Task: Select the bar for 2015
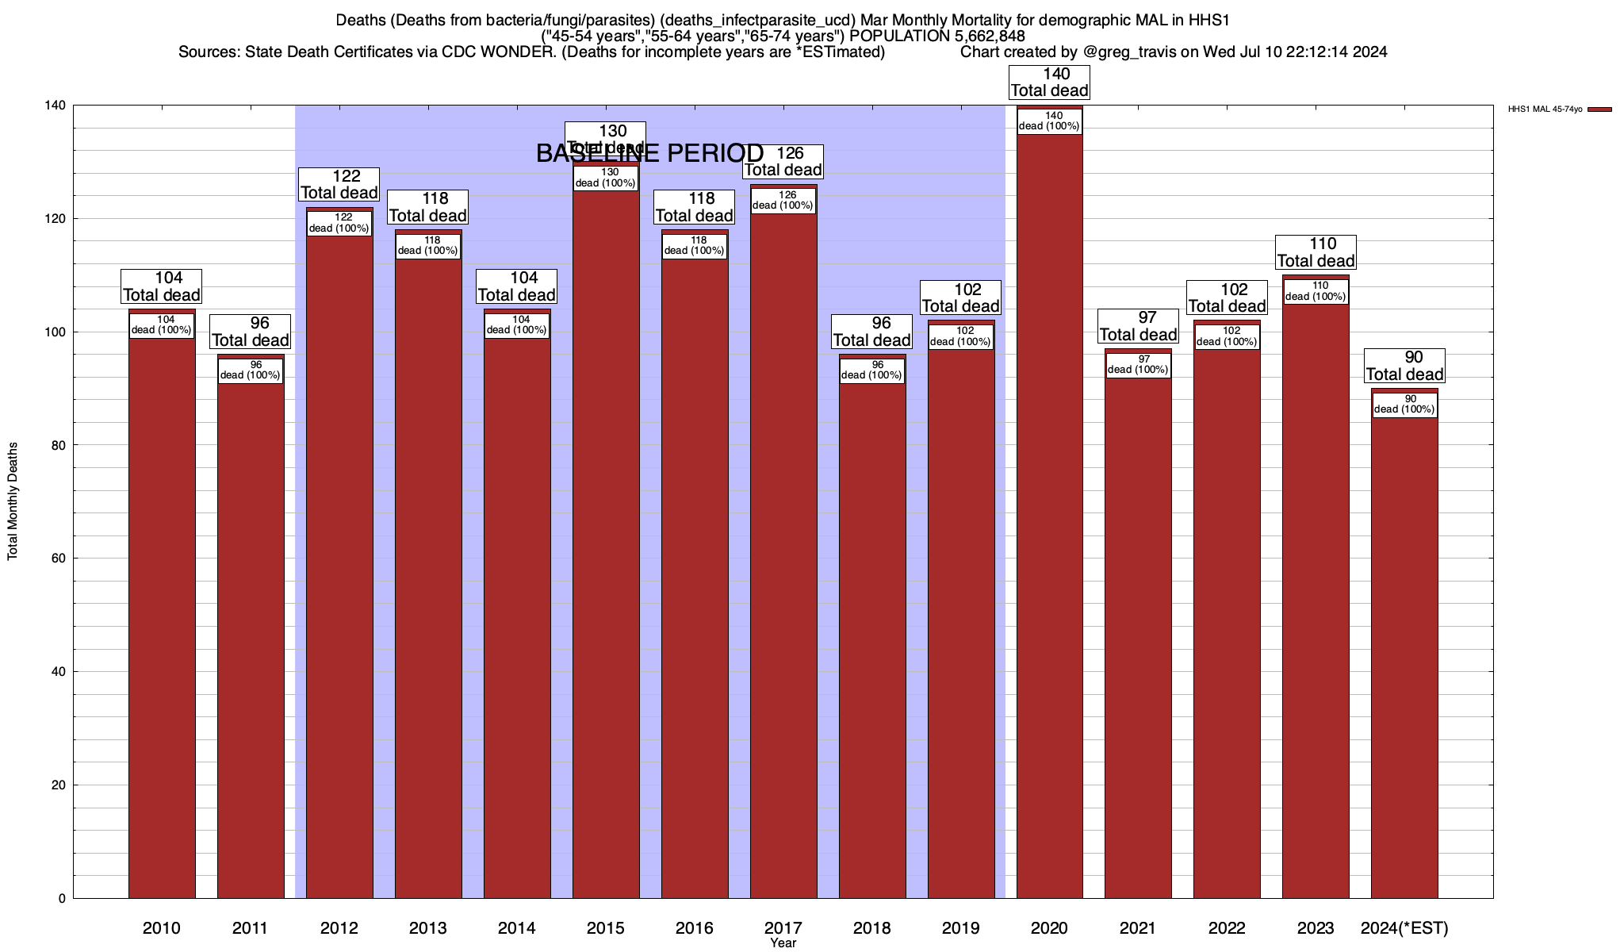click(x=606, y=539)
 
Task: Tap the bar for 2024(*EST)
click(x=1404, y=651)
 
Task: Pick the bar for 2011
click(x=251, y=635)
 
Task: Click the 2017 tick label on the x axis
click(x=783, y=927)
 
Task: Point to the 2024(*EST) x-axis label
click(x=1404, y=927)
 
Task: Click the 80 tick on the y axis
click(x=58, y=445)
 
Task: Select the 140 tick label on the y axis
click(x=55, y=106)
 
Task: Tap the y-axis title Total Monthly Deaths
click(x=13, y=501)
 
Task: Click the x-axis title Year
click(x=783, y=943)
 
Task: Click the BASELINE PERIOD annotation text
click(x=649, y=153)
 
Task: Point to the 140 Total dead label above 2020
click(x=1049, y=83)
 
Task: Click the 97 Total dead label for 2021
click(x=1138, y=326)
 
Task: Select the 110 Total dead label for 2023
click(x=1316, y=252)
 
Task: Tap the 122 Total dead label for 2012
click(x=339, y=184)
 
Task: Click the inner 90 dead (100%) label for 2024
click(x=1404, y=405)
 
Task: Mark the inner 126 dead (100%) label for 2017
click(x=783, y=201)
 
